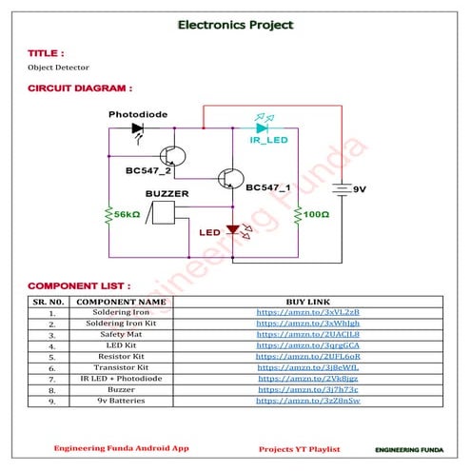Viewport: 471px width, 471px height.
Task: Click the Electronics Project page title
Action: point(235,25)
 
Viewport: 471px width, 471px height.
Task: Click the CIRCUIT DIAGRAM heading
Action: point(79,88)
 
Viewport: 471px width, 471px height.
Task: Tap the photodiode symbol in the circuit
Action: point(137,128)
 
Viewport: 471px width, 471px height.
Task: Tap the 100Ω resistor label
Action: point(316,215)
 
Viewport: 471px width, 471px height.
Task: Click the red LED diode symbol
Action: point(229,230)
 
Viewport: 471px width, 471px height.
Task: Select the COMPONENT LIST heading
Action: point(79,285)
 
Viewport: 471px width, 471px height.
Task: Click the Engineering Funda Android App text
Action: point(121,447)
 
